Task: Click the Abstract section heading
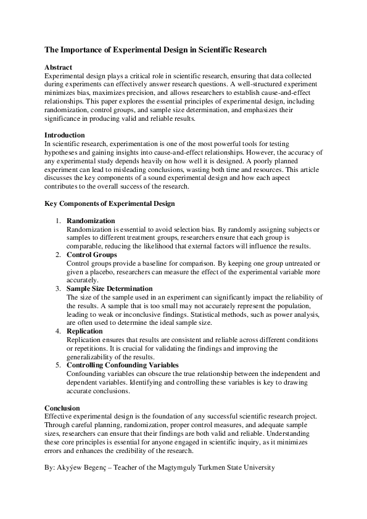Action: pyautogui.click(x=58, y=67)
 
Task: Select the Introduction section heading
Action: pyautogui.click(x=65, y=135)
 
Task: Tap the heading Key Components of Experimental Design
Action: pyautogui.click(x=110, y=203)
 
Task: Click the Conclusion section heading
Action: pyautogui.click(x=62, y=408)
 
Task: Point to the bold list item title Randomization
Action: pyautogui.click(x=91, y=221)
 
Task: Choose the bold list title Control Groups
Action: pyautogui.click(x=91, y=255)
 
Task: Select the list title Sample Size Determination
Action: pyautogui.click(x=109, y=288)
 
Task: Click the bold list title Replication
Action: pyautogui.click(x=86, y=331)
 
